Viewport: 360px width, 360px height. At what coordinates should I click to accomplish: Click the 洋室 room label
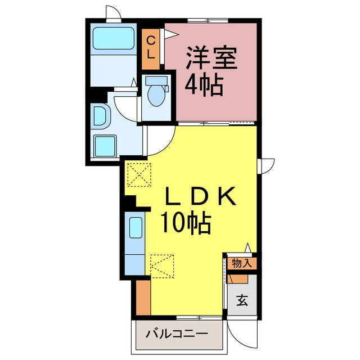(x=211, y=57)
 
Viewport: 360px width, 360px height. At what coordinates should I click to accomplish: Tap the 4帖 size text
(x=204, y=85)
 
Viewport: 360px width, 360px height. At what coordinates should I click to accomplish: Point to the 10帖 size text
(x=186, y=223)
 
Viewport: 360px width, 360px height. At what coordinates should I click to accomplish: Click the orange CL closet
(x=151, y=49)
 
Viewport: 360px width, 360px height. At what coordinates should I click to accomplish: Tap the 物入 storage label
(x=242, y=263)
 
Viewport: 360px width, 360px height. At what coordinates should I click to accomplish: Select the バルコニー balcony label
(x=177, y=334)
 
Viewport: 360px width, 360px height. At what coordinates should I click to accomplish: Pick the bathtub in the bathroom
(x=114, y=38)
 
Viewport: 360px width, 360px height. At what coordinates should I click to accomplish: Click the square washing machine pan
(x=105, y=146)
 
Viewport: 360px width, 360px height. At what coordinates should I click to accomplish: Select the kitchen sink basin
(x=136, y=227)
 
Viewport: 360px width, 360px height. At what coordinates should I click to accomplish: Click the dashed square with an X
(x=139, y=175)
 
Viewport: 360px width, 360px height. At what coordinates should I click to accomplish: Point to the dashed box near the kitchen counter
(x=162, y=266)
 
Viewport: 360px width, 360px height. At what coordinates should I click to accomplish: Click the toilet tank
(x=156, y=80)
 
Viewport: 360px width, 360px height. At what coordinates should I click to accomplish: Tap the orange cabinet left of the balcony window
(x=143, y=298)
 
